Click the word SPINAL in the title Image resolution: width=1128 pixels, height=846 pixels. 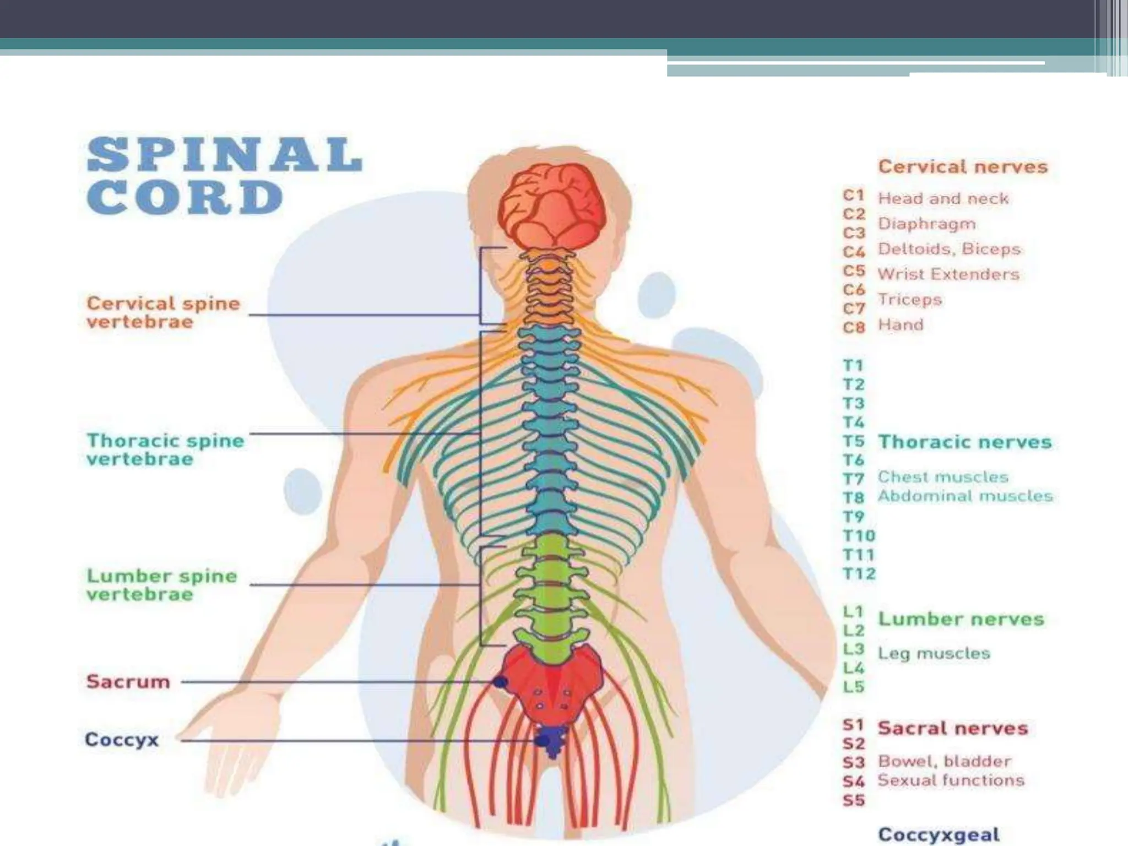[x=225, y=155]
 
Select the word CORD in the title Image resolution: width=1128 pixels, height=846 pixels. [x=185, y=197]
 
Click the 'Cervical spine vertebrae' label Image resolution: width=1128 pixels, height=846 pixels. [x=163, y=312]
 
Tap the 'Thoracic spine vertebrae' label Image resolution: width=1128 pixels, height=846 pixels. [x=165, y=449]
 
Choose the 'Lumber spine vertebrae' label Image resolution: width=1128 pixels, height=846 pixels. [x=162, y=585]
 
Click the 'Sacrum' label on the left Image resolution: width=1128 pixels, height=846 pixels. [x=128, y=682]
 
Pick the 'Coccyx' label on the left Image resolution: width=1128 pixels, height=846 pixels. [x=122, y=739]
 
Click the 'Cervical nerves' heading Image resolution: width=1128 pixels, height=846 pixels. [x=962, y=166]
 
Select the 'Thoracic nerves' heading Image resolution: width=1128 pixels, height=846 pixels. [x=964, y=442]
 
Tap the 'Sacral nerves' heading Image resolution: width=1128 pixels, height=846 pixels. [x=953, y=728]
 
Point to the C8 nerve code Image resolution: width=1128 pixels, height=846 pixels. [x=854, y=327]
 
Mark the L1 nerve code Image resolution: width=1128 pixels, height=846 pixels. [x=853, y=612]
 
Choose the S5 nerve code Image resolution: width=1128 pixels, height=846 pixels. [x=853, y=800]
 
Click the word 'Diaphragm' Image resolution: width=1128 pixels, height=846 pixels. [x=926, y=224]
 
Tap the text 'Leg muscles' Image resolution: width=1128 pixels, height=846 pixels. [x=934, y=654]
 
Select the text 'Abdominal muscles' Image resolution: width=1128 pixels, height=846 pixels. [x=965, y=496]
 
